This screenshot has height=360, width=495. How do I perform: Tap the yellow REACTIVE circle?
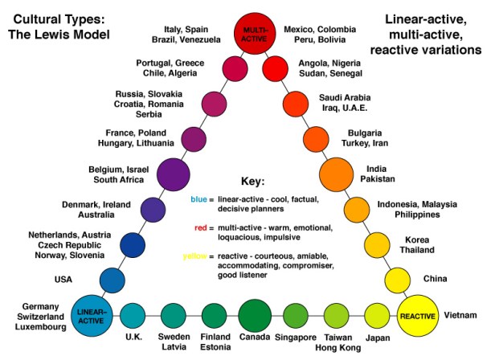(417, 314)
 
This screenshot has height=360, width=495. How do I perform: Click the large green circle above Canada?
(254, 314)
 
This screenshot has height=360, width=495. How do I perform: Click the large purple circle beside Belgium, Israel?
(173, 174)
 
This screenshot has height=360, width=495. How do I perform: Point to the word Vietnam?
(462, 315)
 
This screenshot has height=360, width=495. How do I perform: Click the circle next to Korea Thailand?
(376, 245)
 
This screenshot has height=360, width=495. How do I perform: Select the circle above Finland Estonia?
(215, 314)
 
